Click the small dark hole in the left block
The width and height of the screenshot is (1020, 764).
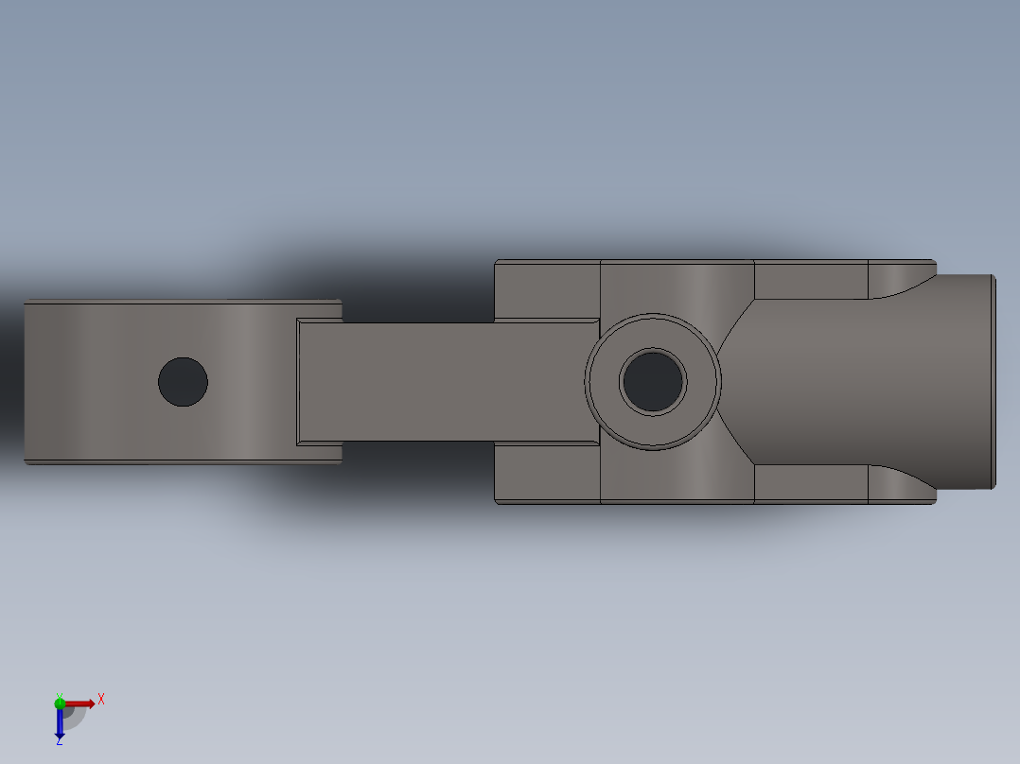tap(183, 382)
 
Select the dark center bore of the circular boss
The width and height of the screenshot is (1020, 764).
tap(653, 381)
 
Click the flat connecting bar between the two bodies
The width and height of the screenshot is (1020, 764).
tap(445, 381)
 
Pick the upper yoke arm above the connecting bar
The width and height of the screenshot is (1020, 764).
tap(547, 288)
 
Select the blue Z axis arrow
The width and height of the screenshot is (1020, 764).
tap(60, 723)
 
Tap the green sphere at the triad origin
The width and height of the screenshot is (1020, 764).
tap(60, 703)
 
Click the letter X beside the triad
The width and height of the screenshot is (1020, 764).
tap(101, 700)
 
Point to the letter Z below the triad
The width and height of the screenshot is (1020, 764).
tap(59, 741)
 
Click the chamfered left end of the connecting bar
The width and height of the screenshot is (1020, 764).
tap(299, 381)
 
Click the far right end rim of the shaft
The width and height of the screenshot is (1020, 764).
tap(993, 381)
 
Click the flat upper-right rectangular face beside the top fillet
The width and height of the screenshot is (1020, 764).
tap(810, 279)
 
